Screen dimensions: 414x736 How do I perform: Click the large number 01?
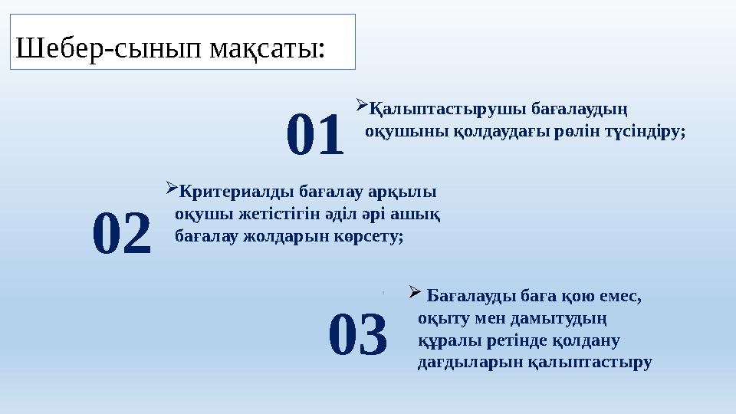tap(314, 136)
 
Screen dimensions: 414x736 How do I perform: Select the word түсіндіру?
tap(644, 132)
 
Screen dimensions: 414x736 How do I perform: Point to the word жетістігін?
tap(273, 213)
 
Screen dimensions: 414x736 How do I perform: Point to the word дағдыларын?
tap(462, 362)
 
